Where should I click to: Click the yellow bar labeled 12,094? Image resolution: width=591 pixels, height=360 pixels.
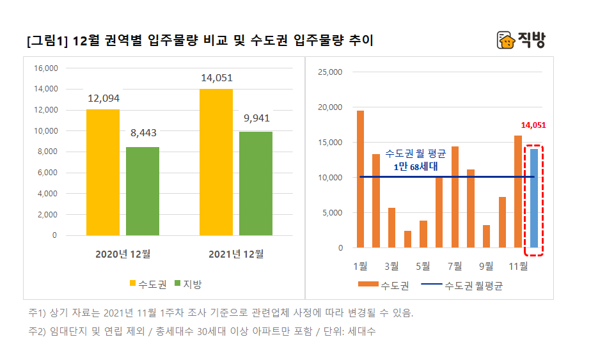tap(103, 172)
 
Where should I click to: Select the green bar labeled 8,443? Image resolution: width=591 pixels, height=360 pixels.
tap(143, 191)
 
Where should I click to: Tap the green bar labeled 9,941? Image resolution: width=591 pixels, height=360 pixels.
tap(256, 184)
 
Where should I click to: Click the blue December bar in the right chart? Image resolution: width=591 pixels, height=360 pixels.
tap(534, 198)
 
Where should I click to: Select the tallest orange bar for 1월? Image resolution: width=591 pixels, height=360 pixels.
tap(360, 179)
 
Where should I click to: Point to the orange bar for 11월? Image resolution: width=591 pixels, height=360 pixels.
tap(518, 191)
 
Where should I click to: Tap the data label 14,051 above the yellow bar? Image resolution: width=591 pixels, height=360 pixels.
tap(216, 78)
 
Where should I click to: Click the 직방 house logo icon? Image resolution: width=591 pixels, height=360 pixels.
tap(506, 40)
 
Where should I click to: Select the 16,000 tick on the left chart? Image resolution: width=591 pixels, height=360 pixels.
tap(45, 68)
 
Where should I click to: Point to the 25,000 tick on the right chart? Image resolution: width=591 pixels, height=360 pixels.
tap(331, 72)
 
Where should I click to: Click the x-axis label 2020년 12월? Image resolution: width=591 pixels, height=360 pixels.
tap(122, 254)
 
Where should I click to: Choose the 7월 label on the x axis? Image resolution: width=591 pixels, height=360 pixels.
tap(454, 265)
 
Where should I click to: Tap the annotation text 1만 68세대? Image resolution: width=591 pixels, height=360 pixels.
tap(415, 166)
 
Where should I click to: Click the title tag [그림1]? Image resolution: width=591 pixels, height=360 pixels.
tap(47, 42)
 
